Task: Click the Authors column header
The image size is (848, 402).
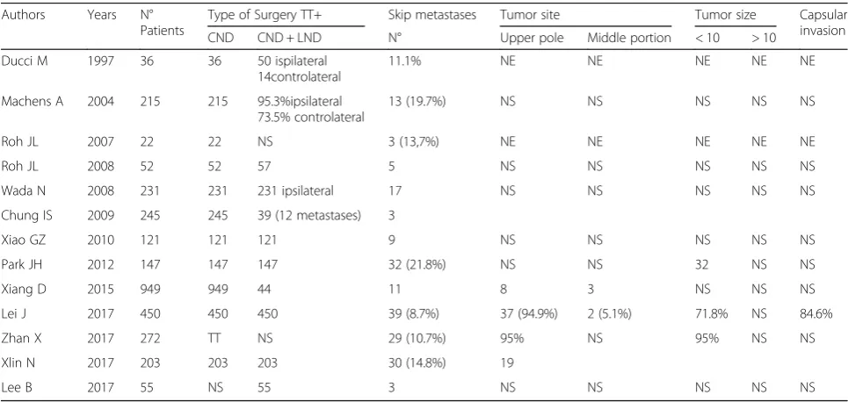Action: [23, 16]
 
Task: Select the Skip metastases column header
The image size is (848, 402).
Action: [432, 15]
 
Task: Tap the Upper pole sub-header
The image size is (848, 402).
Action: [531, 39]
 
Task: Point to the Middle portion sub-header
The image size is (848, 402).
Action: [629, 39]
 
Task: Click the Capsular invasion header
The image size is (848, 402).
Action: [823, 23]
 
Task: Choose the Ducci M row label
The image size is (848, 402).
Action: [25, 61]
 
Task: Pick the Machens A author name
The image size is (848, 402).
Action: [33, 102]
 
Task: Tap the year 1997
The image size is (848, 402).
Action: [101, 61]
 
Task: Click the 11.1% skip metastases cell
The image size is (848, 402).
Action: [404, 61]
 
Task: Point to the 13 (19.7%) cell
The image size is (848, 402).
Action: [417, 102]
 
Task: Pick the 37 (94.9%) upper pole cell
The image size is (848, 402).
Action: [530, 314]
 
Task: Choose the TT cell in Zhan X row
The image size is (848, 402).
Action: [215, 339]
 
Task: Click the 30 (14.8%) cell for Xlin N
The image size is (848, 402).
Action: [417, 363]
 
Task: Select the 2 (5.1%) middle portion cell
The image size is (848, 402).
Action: [609, 314]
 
